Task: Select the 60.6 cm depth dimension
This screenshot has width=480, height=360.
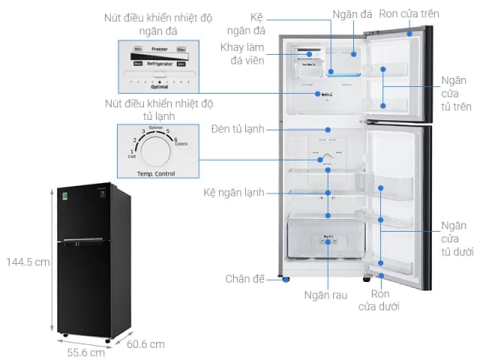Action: (146, 344)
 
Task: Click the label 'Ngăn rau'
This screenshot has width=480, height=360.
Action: (327, 295)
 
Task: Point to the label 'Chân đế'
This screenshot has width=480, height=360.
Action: (245, 279)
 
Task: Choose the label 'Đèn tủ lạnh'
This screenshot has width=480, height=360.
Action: (238, 129)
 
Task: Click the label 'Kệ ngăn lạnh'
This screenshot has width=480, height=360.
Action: (233, 193)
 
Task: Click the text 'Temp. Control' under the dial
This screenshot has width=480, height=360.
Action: (155, 174)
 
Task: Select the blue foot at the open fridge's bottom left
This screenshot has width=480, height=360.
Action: (285, 280)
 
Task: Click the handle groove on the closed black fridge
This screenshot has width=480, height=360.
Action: (82, 242)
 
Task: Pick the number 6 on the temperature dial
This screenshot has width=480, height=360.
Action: (175, 139)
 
